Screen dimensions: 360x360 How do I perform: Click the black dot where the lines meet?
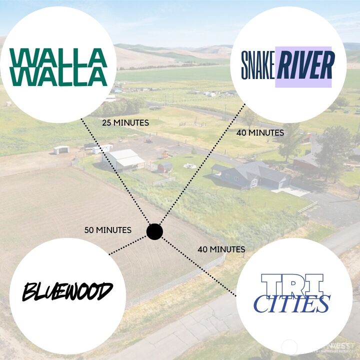[155, 231]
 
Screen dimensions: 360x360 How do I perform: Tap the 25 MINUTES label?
[125, 122]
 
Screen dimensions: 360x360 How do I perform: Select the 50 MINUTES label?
[107, 230]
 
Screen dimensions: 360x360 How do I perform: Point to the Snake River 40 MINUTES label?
[260, 133]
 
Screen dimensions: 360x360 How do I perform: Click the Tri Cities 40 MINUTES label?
[221, 249]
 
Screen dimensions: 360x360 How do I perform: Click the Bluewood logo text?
[67, 291]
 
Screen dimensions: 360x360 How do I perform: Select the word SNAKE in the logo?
[257, 66]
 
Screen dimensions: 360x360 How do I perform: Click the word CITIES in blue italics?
[292, 303]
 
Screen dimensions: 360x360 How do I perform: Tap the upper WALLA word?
[58, 56]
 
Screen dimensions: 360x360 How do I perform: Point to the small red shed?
[165, 167]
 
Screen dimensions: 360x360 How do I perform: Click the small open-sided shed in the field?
[62, 149]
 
